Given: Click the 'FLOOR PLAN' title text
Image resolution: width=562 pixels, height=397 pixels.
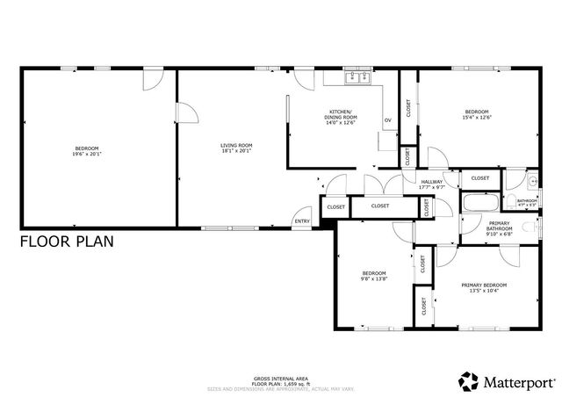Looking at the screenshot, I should pyautogui.click(x=67, y=242).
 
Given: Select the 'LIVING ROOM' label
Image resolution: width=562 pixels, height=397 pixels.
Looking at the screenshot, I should pyautogui.click(x=236, y=146).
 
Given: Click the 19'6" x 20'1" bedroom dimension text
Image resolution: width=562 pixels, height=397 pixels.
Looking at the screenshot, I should pyautogui.click(x=87, y=153).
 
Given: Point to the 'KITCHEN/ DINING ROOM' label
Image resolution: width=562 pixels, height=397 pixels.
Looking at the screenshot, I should pyautogui.click(x=342, y=114).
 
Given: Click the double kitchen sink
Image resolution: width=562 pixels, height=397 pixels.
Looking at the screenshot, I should pyautogui.click(x=359, y=77).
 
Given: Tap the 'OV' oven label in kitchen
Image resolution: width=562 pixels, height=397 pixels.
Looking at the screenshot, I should pyautogui.click(x=387, y=120).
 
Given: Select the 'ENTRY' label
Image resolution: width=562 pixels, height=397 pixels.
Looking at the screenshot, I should pyautogui.click(x=302, y=221).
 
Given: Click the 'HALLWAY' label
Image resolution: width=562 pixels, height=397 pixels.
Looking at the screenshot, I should pyautogui.click(x=431, y=182).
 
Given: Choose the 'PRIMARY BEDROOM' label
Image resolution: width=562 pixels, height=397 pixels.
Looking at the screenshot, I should pyautogui.click(x=484, y=285).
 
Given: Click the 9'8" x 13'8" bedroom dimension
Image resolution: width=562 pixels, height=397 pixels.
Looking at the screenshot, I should pyautogui.click(x=374, y=278).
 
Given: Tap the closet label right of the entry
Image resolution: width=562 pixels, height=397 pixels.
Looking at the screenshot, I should pyautogui.click(x=336, y=206).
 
